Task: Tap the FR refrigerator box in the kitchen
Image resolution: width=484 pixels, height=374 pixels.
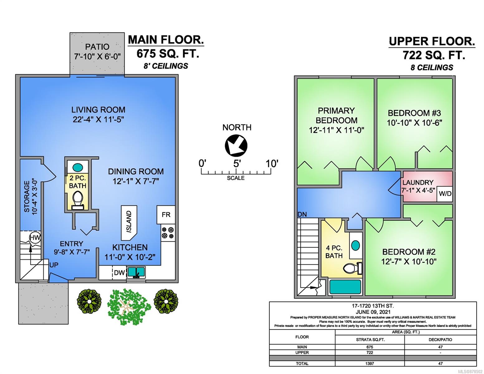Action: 166,214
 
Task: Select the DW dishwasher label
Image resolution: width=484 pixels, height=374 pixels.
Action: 119,273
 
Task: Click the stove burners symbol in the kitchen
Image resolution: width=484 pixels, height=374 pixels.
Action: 168,233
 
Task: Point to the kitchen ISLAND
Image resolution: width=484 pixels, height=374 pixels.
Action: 129,223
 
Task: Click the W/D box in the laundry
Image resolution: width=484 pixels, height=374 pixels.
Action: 445,194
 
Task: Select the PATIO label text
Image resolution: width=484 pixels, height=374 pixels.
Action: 97,47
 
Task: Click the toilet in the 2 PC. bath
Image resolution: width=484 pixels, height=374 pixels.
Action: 78,200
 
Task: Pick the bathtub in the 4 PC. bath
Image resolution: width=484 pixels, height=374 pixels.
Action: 345,287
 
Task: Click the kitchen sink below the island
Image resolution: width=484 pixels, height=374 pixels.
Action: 136,272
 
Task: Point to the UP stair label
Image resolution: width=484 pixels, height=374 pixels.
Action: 54,265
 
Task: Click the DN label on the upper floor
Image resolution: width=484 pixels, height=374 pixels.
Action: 302,214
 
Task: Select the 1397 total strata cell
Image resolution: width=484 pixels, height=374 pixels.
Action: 370,363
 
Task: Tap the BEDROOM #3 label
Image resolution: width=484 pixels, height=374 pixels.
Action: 414,113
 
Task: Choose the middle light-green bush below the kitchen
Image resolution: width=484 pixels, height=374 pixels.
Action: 129,307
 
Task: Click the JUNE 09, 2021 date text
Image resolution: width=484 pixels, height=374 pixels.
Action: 373,312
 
